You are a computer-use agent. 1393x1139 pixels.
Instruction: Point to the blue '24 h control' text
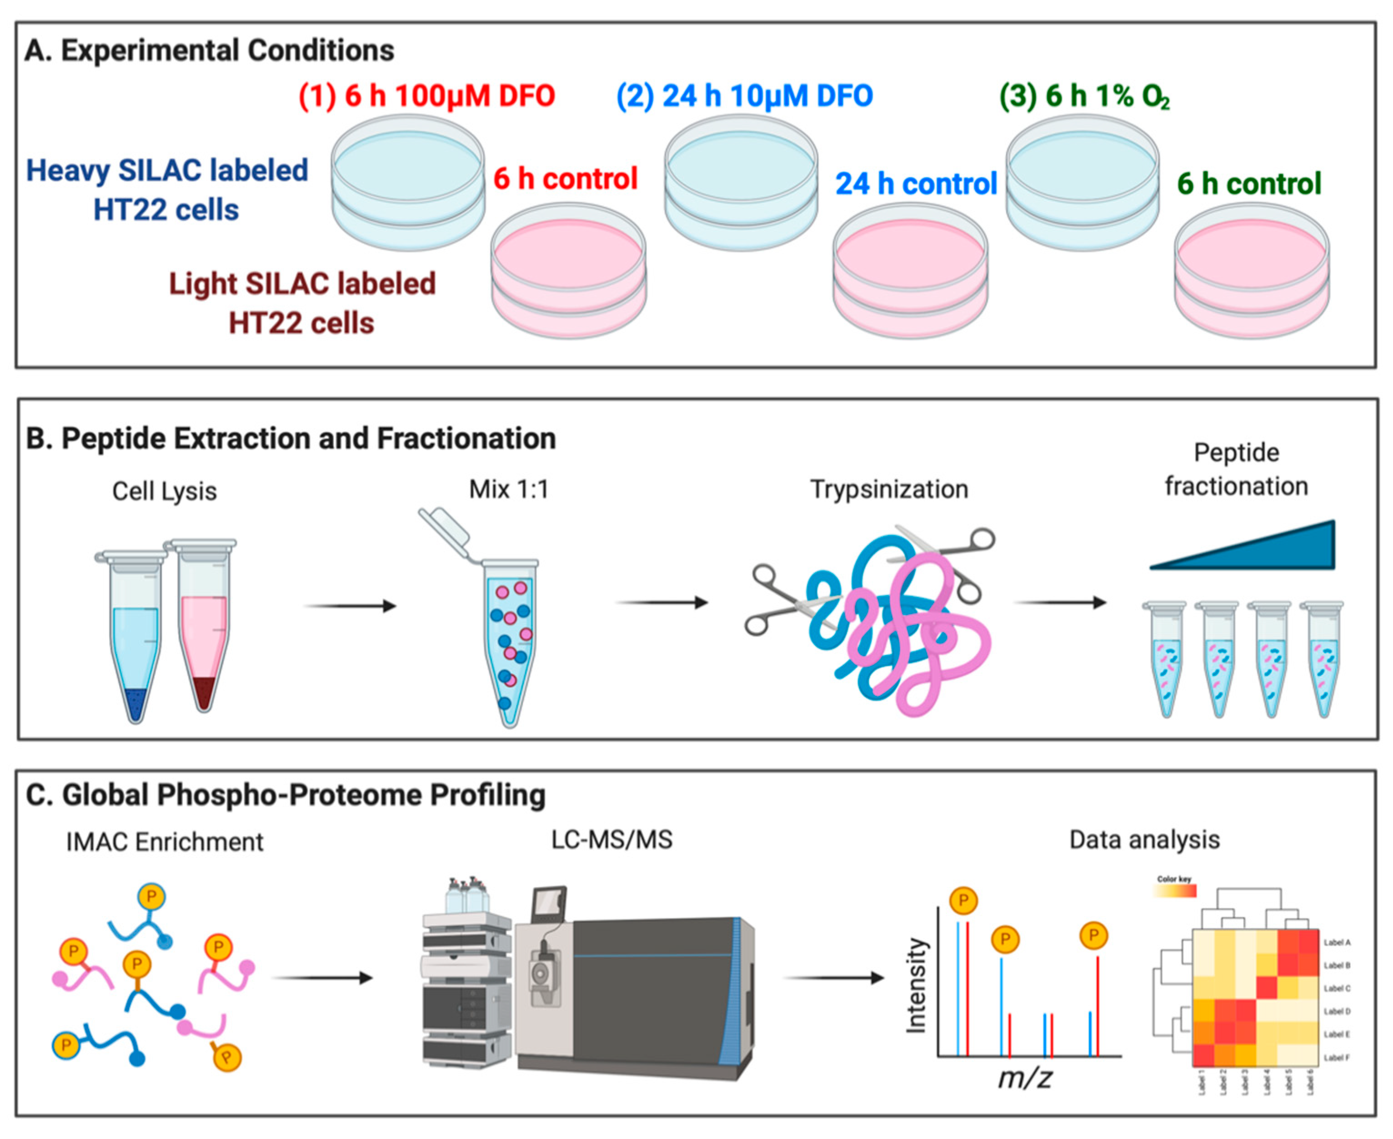click(x=916, y=183)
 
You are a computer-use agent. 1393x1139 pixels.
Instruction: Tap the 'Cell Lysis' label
click(x=164, y=491)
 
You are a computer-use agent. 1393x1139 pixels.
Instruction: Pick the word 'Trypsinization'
click(x=889, y=489)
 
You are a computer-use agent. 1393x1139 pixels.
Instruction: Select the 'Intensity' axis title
click(x=916, y=985)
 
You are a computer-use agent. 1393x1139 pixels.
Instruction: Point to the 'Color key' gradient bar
click(x=1175, y=890)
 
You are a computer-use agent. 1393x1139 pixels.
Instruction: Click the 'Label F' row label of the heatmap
click(x=1337, y=1058)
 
